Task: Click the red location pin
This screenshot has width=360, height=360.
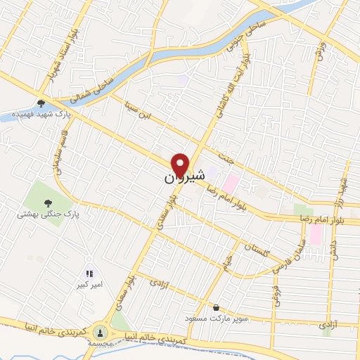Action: (181, 165)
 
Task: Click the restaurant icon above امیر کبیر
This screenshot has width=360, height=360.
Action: (89, 274)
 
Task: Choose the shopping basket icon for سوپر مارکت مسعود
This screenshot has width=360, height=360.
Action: (215, 307)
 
